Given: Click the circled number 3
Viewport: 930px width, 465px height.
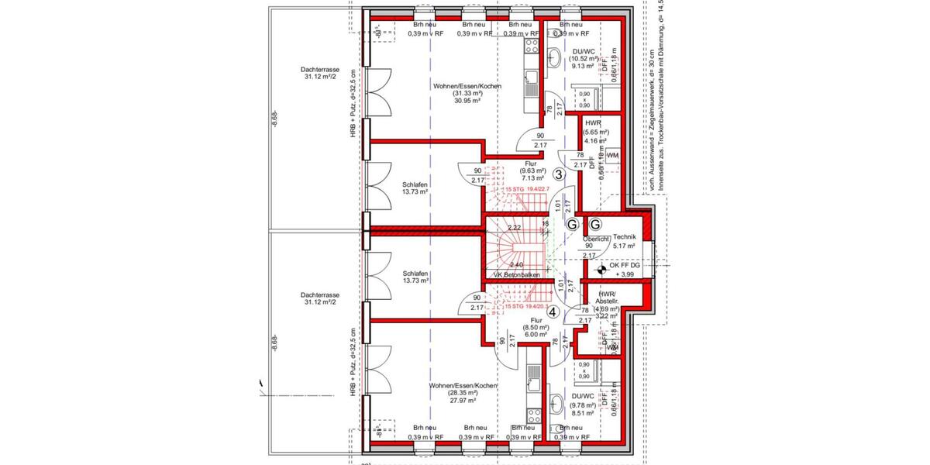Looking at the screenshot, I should (x=558, y=175).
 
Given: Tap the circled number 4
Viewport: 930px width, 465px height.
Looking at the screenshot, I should (x=553, y=312).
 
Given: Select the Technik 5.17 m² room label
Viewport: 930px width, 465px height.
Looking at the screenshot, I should (x=624, y=241).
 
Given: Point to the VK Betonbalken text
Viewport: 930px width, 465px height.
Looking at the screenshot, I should (x=516, y=275).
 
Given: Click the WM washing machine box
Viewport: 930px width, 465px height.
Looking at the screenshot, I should (x=613, y=156).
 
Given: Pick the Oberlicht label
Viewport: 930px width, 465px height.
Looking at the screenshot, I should (x=595, y=239).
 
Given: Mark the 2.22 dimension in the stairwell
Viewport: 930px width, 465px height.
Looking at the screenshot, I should (x=513, y=228).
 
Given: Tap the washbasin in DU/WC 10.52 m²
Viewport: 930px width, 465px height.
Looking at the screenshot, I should (x=556, y=55).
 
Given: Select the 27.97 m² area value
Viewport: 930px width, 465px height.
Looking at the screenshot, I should (x=467, y=401).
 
